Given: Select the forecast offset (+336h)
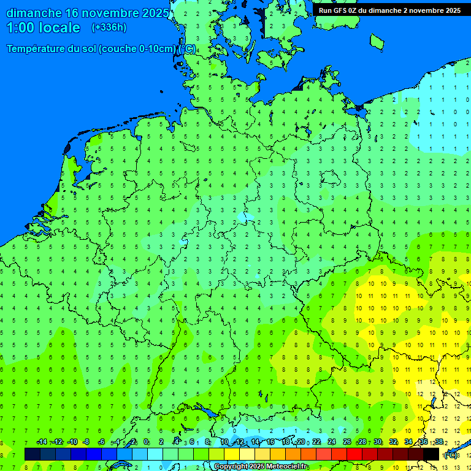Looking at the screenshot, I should pos(109,28).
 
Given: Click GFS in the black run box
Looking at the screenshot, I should pos(344,10).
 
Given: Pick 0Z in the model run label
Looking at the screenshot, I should pos(361,10).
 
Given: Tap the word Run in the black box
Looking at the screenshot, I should pos(326,10).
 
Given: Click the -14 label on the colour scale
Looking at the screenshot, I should pos(42,442).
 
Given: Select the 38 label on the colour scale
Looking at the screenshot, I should pos(439,442).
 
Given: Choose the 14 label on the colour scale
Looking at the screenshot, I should pos(254,442).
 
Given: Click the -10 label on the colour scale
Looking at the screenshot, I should pos(72,442).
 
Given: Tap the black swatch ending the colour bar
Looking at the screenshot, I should pos(432,454).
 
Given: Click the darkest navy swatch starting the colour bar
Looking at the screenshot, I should pos(32,454).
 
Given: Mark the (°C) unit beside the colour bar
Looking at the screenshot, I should pos(450,454).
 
